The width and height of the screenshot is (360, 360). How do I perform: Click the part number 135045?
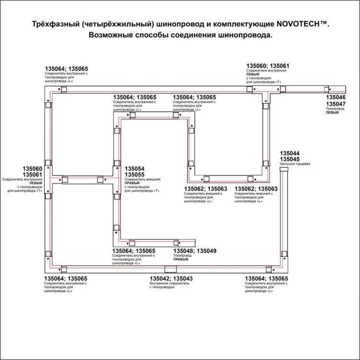pos(289,159)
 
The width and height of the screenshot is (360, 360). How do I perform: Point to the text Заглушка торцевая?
pos(295,164)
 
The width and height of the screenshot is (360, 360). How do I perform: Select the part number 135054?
pos(134,169)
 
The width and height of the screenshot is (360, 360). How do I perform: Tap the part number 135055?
pos(134,176)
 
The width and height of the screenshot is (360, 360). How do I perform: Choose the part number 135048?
pos(182,251)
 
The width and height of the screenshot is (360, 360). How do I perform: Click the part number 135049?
pos(207,251)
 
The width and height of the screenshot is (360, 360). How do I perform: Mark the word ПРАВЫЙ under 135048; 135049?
pos(180,260)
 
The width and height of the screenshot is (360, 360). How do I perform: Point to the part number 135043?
pos(183,278)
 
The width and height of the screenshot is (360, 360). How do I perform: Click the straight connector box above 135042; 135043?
pos(170,269)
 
